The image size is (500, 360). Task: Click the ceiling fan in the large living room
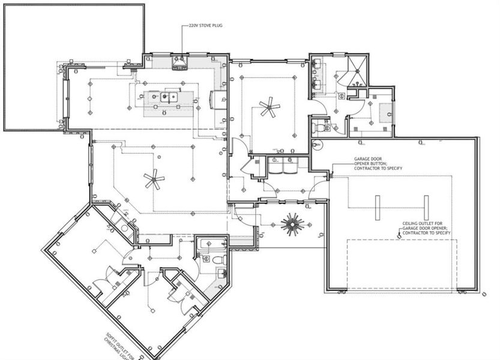tap(154, 178)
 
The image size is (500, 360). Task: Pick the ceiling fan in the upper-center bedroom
tap(270, 109)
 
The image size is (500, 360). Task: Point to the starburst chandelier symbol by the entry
tap(294, 223)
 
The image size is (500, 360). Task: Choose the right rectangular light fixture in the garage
tap(426, 208)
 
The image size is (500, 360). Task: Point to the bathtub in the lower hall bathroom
tap(212, 244)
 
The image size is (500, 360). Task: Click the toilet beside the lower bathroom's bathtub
tap(219, 260)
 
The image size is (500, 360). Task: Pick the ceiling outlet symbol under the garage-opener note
tap(400, 236)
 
